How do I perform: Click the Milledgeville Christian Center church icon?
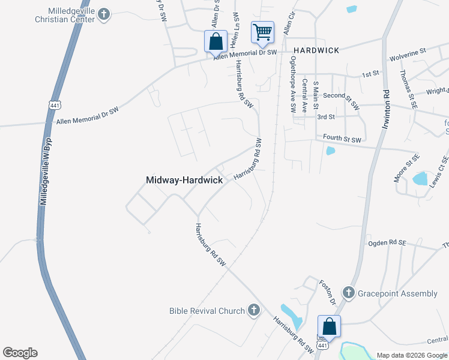coord(104,13)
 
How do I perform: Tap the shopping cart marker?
coord(262,32)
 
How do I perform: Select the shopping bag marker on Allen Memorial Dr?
coord(215,41)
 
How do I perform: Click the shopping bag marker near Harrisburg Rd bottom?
coord(329,326)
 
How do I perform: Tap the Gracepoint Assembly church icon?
coord(349,293)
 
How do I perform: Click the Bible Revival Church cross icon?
coord(253,310)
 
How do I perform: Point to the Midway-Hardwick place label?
coord(184,180)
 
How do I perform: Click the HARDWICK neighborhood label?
coord(316,50)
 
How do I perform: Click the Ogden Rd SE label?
coord(387,244)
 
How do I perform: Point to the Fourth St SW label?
coord(342,139)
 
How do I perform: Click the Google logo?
coord(20,353)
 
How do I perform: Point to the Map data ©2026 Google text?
coord(411,355)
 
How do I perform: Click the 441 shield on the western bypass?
coord(55,104)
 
